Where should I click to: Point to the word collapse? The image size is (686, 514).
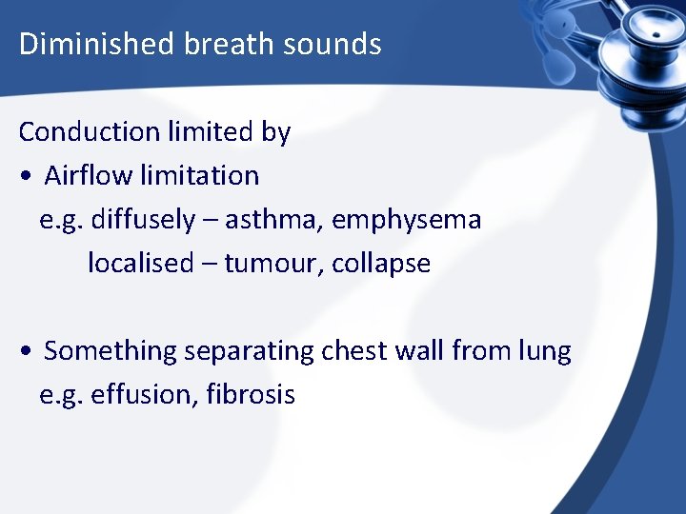coord(381,264)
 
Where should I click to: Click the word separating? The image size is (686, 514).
coord(249,351)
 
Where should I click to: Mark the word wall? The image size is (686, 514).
coord(424,350)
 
